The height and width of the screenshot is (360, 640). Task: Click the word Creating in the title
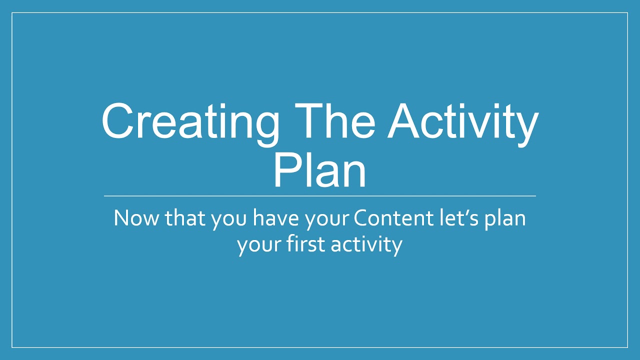(190, 121)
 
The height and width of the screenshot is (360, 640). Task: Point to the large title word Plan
(319, 167)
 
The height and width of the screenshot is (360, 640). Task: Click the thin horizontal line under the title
(320, 196)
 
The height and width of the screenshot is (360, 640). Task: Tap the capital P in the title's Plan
(285, 167)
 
